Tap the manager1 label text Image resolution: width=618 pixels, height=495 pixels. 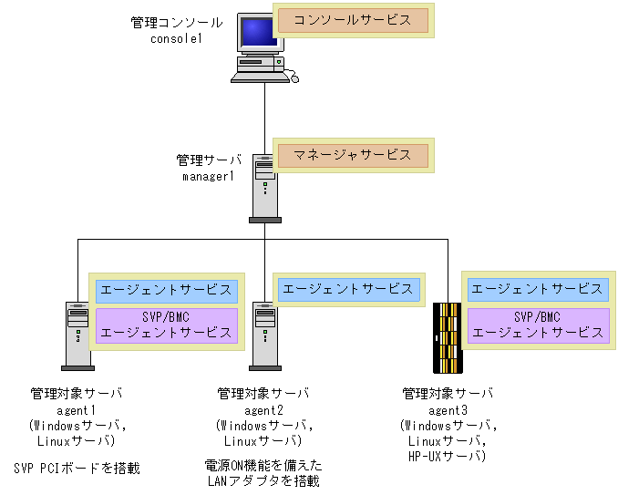[x=209, y=175]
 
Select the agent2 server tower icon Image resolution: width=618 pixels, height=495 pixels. [x=264, y=334]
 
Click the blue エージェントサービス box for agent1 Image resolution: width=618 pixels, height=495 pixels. [x=166, y=291]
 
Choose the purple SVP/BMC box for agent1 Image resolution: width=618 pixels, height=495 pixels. [x=166, y=325]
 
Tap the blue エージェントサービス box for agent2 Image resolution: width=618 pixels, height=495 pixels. [x=347, y=289]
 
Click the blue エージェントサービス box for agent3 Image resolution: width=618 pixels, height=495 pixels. [x=537, y=289]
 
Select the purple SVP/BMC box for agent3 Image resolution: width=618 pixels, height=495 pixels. [x=537, y=325]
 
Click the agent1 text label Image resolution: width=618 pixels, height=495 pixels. [x=77, y=410]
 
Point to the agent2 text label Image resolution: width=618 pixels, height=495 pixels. [x=263, y=410]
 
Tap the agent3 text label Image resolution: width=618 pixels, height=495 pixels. [x=448, y=410]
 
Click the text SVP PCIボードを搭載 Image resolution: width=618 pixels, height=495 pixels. [x=77, y=469]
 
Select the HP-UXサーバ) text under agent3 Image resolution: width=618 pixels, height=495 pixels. [x=448, y=454]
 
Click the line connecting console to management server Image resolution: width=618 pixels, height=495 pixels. [x=264, y=119]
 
